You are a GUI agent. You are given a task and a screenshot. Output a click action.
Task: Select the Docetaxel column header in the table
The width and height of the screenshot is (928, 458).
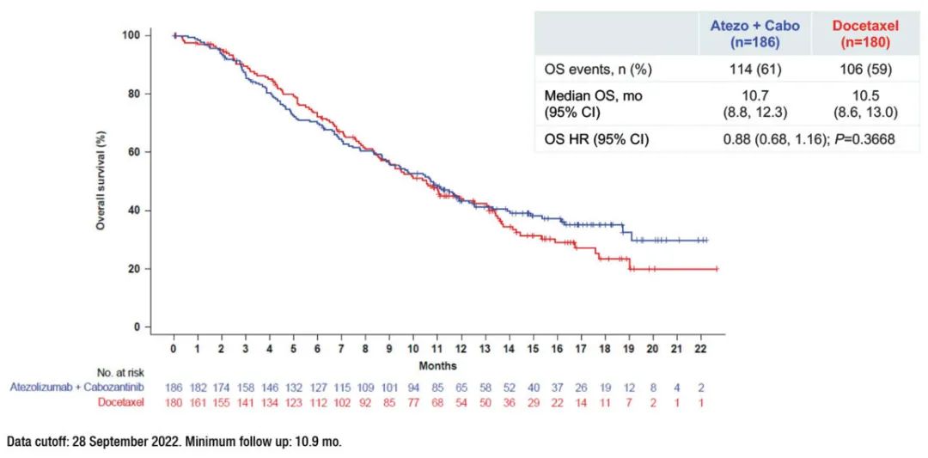(x=865, y=33)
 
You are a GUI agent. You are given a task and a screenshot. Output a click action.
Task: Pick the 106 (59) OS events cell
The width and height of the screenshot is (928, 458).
(x=865, y=69)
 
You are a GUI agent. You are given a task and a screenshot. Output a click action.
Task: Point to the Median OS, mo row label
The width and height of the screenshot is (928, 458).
(x=594, y=96)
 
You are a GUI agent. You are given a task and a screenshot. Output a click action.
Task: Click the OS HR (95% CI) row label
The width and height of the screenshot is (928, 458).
(x=596, y=139)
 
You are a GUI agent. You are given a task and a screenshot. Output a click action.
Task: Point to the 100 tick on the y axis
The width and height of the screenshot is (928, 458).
(x=131, y=35)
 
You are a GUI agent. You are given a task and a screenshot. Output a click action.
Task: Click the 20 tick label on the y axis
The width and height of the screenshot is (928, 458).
(x=134, y=269)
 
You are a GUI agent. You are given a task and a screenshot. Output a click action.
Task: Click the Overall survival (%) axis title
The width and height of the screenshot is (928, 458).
(x=101, y=180)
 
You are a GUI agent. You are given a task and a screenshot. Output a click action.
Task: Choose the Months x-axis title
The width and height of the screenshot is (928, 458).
(x=438, y=365)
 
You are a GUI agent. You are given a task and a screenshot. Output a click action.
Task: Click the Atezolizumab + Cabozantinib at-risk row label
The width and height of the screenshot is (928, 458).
(x=76, y=387)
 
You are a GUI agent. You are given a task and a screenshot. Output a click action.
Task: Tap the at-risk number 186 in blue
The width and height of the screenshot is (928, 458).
(x=174, y=387)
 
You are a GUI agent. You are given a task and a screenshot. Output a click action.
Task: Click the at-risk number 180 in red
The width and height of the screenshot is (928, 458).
(x=174, y=401)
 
